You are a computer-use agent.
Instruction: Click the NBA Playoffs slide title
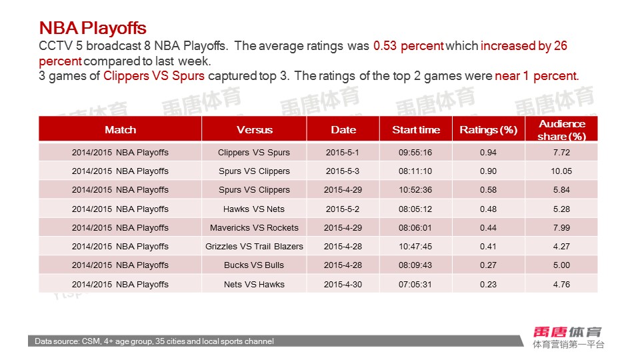pyautogui.click(x=93, y=28)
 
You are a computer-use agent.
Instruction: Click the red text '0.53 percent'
pyautogui.click(x=408, y=46)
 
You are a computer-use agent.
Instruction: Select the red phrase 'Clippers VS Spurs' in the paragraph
pyautogui.click(x=154, y=75)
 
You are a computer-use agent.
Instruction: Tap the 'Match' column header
pyautogui.click(x=120, y=129)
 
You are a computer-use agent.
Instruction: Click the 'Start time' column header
pyautogui.click(x=416, y=129)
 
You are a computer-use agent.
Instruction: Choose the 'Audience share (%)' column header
pyautogui.click(x=561, y=129)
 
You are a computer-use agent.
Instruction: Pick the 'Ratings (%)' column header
pyautogui.click(x=488, y=129)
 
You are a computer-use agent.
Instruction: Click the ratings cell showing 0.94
pyautogui.click(x=488, y=153)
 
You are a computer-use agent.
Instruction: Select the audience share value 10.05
pyautogui.click(x=561, y=171)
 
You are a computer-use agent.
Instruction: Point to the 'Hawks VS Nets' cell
pyautogui.click(x=254, y=209)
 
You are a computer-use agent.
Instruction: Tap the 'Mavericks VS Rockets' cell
pyautogui.click(x=254, y=227)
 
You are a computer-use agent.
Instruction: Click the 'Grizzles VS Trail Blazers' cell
pyautogui.click(x=254, y=247)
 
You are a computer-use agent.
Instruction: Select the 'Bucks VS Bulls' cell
pyautogui.click(x=254, y=265)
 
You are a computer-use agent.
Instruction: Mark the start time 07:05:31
pyautogui.click(x=416, y=284)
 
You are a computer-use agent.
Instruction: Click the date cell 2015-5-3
pyautogui.click(x=343, y=171)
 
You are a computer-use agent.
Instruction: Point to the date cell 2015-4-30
pyautogui.click(x=343, y=284)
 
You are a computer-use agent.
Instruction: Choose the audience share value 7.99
pyautogui.click(x=561, y=227)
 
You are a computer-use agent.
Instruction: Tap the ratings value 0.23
pyautogui.click(x=488, y=284)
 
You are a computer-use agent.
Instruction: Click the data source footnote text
pyautogui.click(x=154, y=341)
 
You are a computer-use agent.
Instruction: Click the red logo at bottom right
pyautogui.click(x=568, y=331)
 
